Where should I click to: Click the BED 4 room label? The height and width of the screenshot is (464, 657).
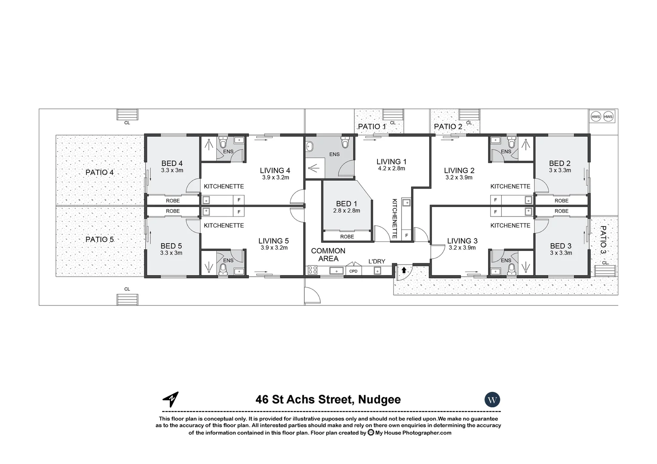172,163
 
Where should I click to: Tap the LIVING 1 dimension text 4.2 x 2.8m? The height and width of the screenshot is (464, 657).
391,169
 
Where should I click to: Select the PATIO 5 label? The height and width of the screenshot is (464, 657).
99,239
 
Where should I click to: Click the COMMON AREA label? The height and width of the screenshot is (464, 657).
328,255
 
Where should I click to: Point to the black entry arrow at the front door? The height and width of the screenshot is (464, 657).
404,270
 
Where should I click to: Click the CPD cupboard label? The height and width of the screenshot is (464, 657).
353,271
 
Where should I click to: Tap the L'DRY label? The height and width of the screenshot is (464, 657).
376,261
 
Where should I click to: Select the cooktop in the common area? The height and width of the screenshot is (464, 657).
312,271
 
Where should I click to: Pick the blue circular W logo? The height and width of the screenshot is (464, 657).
492,400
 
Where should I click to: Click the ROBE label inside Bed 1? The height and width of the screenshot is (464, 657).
347,237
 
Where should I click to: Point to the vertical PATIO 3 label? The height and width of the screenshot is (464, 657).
603,240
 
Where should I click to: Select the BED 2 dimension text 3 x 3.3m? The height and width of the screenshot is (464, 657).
560,170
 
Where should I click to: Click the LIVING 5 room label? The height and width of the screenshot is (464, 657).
273,241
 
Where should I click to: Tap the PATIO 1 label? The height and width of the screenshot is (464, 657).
372,126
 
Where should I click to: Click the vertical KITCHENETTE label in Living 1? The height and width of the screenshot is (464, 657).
394,218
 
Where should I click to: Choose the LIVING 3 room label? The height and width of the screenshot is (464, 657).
462,241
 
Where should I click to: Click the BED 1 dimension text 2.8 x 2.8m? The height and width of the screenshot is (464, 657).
347,211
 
